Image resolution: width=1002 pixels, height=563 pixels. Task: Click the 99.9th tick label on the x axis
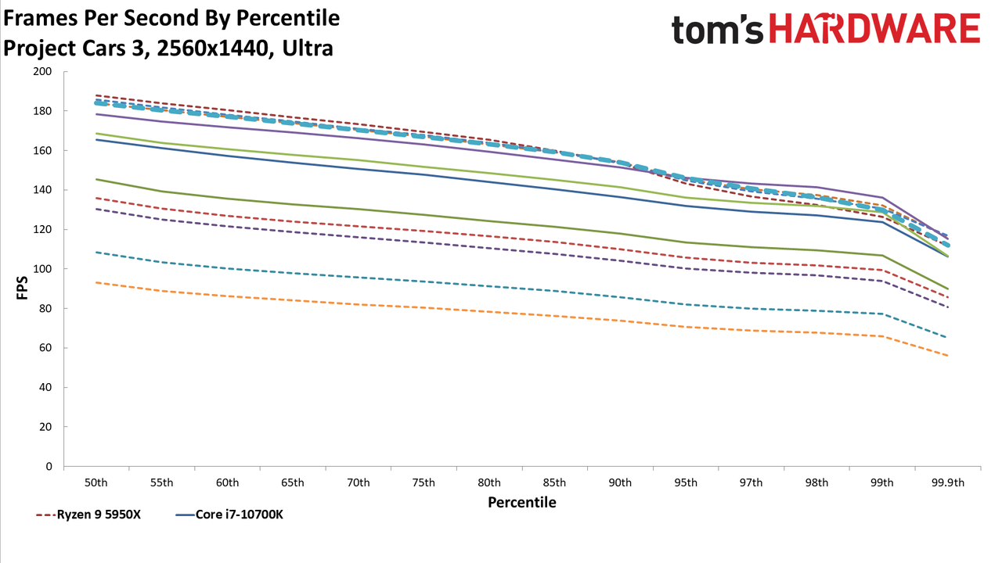pos(947,482)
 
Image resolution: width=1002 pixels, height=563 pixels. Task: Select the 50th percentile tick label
pos(96,482)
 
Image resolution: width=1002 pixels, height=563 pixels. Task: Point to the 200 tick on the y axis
pos(42,71)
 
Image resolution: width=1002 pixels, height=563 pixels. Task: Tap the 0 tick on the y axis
pos(49,467)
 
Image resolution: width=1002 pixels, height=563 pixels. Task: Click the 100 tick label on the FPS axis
pos(42,269)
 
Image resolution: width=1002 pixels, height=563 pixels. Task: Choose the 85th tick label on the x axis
pos(555,482)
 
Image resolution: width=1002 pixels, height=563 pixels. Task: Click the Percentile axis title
pos(522,502)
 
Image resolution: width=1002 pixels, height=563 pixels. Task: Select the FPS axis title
pos(22,288)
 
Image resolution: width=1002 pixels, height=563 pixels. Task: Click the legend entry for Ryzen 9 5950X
pos(88,515)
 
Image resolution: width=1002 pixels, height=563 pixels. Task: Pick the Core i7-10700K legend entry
pos(229,515)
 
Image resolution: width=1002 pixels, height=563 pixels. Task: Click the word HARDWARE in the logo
pos(875,29)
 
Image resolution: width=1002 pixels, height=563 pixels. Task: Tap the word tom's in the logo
pos(718,30)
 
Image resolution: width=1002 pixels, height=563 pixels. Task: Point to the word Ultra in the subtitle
pos(308,48)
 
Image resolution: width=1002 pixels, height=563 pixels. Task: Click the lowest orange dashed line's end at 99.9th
pos(947,356)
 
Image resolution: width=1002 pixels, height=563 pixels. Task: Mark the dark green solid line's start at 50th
pos(96,179)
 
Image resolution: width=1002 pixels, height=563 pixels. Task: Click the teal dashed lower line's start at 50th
pos(96,252)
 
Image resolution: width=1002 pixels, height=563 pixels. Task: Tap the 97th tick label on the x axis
pos(751,482)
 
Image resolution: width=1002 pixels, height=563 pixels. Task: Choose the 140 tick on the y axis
pos(42,190)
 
